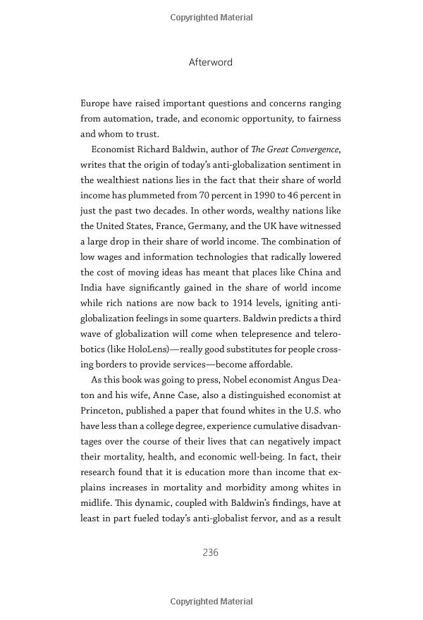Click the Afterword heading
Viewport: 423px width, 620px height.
click(x=211, y=62)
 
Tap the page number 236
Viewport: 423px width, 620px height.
click(x=211, y=552)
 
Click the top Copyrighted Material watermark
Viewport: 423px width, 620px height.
click(x=211, y=17)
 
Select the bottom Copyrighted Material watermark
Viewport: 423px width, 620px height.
click(x=211, y=601)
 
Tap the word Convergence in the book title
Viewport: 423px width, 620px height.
click(x=310, y=149)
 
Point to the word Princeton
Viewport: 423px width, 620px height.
click(x=104, y=411)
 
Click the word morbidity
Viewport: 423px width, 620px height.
click(x=245, y=488)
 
